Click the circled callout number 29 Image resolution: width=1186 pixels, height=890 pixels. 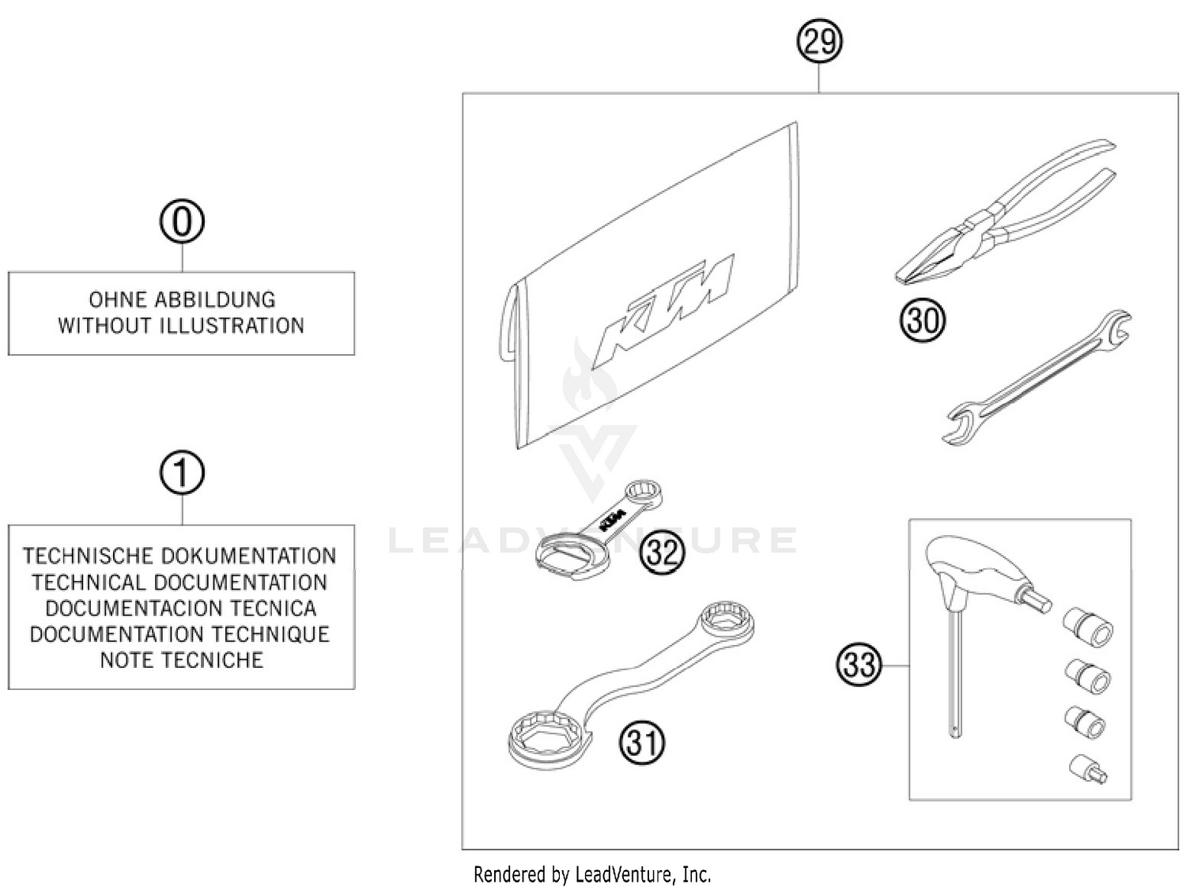click(819, 41)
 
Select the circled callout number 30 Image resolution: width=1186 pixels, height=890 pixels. click(923, 320)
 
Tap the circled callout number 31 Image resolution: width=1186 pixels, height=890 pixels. click(642, 742)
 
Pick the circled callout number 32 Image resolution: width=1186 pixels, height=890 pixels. click(663, 552)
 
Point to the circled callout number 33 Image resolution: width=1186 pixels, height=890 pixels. click(859, 664)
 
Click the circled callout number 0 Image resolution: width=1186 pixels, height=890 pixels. click(182, 222)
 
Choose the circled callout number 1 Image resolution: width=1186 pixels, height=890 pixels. click(182, 473)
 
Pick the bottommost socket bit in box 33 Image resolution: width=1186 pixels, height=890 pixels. click(1088, 768)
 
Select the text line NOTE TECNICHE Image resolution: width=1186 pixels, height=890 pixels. click(181, 660)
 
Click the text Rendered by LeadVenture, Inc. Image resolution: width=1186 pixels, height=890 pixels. click(592, 874)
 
